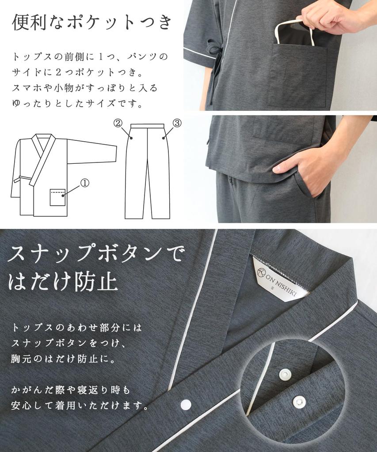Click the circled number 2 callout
(x=118, y=124)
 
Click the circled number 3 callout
(x=177, y=124)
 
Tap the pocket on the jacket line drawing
(x=57, y=197)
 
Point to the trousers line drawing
(x=147, y=172)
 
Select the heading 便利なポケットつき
(x=91, y=23)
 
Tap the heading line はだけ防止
(x=63, y=282)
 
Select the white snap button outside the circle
(x=186, y=403)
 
